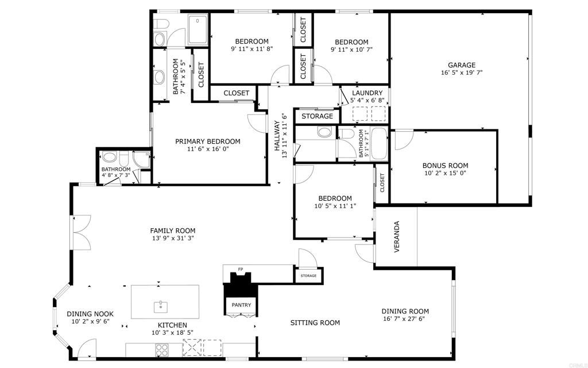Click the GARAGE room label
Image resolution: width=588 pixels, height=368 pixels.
[461, 65]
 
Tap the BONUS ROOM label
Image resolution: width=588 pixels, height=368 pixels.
[446, 165]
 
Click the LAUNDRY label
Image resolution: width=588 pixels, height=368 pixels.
[367, 93]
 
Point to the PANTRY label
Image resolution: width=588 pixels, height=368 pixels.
[241, 305]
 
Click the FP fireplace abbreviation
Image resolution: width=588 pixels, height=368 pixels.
[241, 269]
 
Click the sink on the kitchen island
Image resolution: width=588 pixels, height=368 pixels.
[161, 306]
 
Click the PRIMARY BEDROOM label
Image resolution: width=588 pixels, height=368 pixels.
[208, 141]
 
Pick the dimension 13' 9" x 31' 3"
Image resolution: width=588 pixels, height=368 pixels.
[173, 238]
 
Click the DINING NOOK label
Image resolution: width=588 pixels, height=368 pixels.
[90, 314]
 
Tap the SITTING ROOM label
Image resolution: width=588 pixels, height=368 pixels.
[315, 323]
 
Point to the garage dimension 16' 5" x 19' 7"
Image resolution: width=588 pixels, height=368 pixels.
[461, 73]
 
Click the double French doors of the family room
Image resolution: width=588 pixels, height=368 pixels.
[81, 233]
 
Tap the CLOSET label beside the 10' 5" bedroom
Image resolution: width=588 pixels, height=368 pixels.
[382, 183]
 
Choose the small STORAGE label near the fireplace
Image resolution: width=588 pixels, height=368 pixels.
[308, 276]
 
